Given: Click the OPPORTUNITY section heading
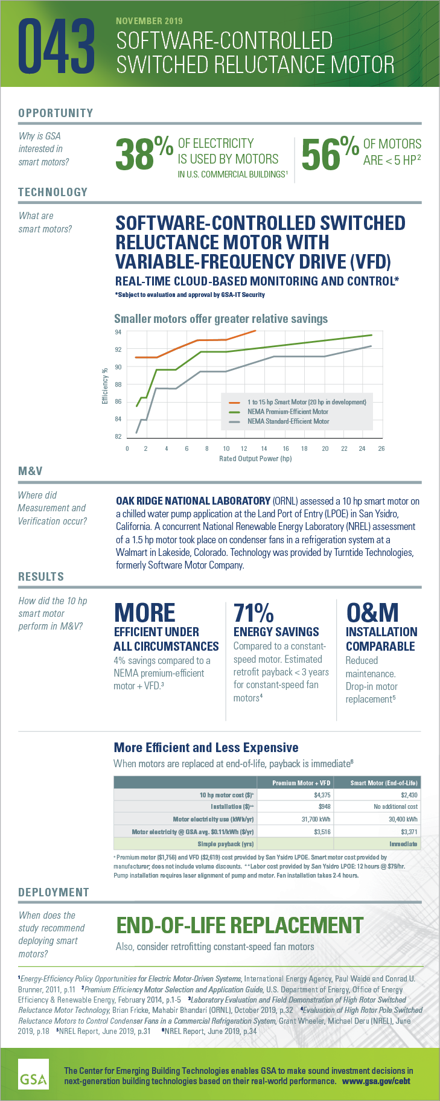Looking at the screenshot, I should [56, 113].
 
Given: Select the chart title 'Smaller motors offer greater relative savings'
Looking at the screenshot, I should [221, 319].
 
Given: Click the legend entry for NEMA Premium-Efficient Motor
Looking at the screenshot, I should [287, 412].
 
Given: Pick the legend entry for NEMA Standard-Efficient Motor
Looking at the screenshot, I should [288, 421].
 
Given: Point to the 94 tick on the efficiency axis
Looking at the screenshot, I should [118, 332].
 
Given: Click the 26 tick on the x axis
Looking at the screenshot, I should [381, 448].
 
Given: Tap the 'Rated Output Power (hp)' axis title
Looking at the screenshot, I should [255, 459].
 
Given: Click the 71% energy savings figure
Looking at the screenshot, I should [253, 613].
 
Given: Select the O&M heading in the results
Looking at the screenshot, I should [372, 613].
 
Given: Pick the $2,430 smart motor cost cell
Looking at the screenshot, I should [409, 795].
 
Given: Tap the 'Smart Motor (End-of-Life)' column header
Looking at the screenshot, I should [383, 783].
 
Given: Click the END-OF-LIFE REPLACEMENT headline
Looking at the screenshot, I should [240, 925].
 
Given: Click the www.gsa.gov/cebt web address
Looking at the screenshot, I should [376, 1081].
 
